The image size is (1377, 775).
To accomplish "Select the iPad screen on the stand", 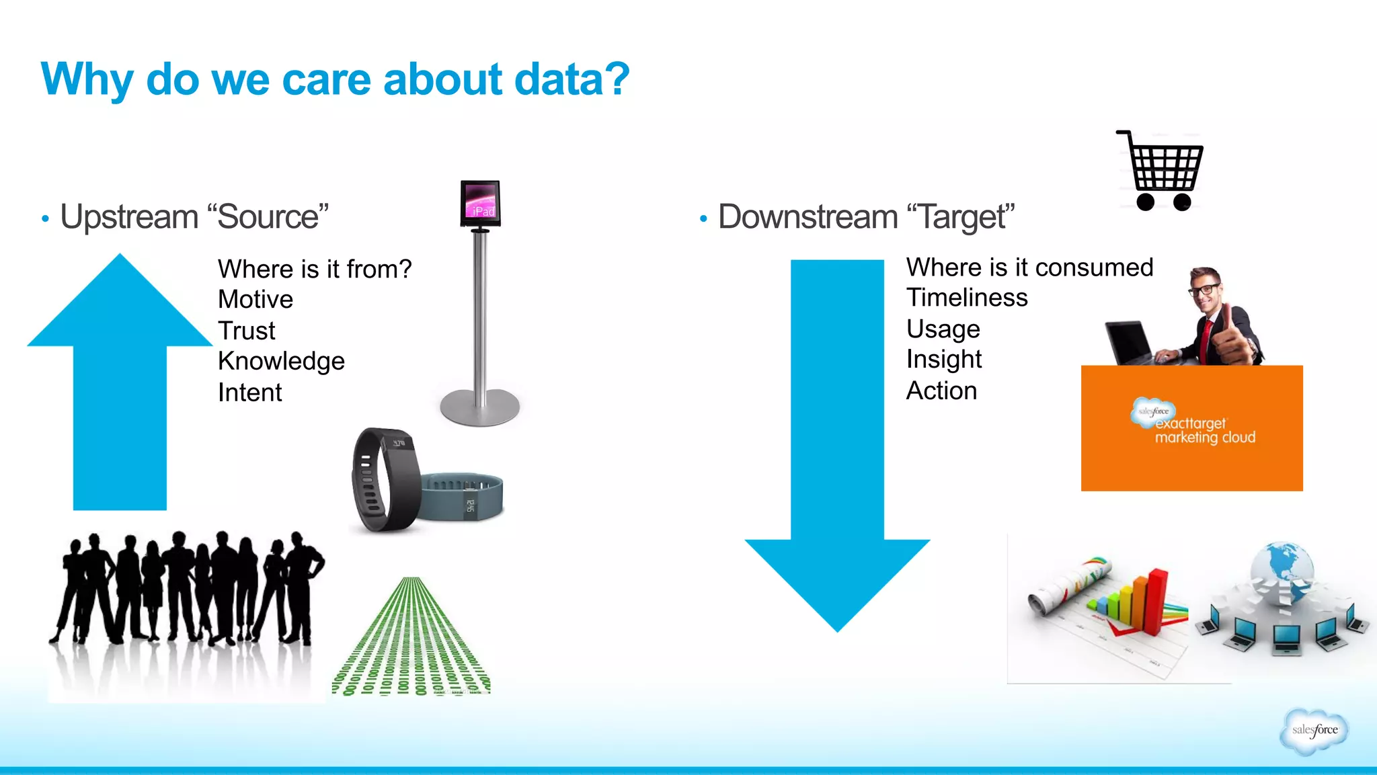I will (x=481, y=202).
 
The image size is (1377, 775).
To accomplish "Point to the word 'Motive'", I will (x=255, y=300).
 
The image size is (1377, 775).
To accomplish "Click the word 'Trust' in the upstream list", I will (x=247, y=331).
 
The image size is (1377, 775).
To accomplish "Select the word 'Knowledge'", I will (x=281, y=362).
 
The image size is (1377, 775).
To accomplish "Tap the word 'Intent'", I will (x=249, y=393).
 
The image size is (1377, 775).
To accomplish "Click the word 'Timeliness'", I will (x=967, y=298).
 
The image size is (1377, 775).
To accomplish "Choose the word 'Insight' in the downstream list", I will (x=944, y=360).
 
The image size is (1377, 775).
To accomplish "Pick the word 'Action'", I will (x=941, y=391).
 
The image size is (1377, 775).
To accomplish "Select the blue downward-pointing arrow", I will (x=837, y=457).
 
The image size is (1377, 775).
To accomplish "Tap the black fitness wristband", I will (x=383, y=481).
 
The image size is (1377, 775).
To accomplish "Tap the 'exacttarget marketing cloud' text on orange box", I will (x=1204, y=431).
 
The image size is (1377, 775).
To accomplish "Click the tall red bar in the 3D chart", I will (x=1156, y=598).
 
